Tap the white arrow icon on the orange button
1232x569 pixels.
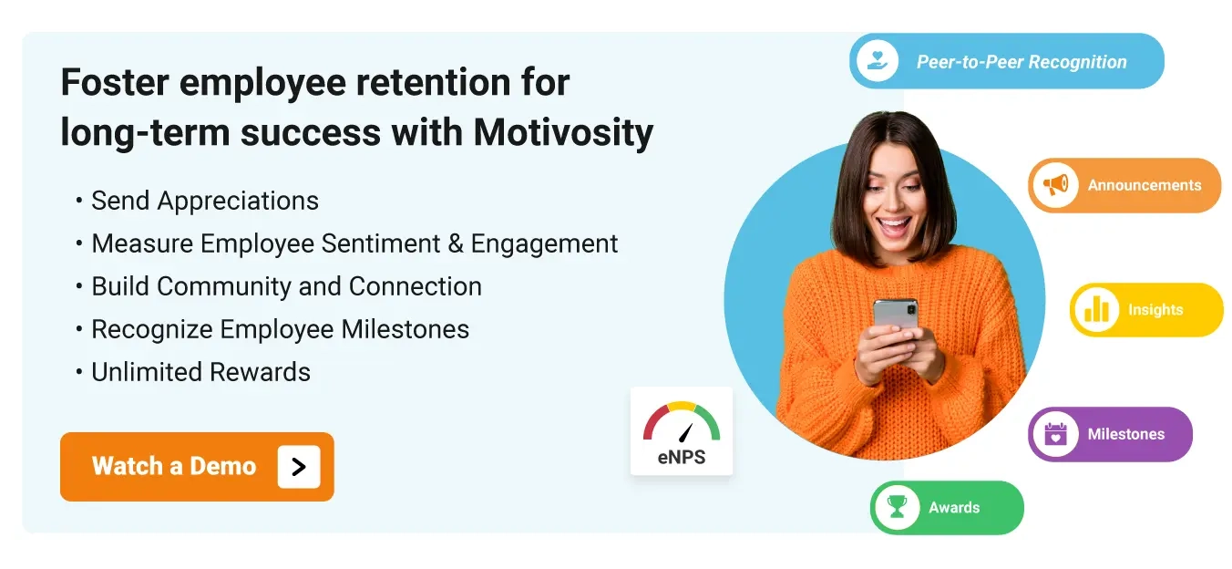(x=299, y=467)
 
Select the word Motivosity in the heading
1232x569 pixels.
(x=563, y=132)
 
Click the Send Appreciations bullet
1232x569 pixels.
(x=205, y=201)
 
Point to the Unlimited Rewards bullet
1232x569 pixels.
(x=200, y=372)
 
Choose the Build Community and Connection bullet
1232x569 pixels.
(x=286, y=286)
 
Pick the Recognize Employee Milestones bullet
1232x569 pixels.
(x=280, y=329)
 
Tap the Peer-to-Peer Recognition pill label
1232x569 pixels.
(x=1022, y=62)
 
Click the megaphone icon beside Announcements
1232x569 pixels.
(x=1055, y=185)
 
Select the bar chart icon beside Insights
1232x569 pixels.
(x=1096, y=310)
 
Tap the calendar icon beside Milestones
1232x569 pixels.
(x=1055, y=434)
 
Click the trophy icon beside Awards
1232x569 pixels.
(x=898, y=507)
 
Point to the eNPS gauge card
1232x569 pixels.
(x=682, y=431)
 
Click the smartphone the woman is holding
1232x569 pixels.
(x=896, y=316)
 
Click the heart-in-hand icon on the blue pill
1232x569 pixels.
(x=878, y=61)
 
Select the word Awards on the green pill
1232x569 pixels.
(x=954, y=508)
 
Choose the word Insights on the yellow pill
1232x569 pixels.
(x=1155, y=310)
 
